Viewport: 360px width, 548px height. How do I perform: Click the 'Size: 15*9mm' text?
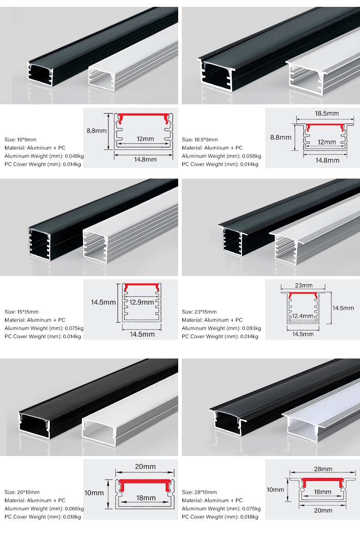pos(21,140)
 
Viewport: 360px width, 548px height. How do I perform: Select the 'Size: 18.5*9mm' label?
pos(200,140)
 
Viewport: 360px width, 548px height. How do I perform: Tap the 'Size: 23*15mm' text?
pos(199,312)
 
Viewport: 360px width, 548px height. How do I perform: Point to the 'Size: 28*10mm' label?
pos(199,492)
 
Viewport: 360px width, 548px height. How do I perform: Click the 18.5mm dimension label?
pos(327,113)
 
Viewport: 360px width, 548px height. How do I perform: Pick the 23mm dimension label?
pos(303,286)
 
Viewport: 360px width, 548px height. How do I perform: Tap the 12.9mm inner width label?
pos(142,302)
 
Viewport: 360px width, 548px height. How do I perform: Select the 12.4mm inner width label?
pos(303,316)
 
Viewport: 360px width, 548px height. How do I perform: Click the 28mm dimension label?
pos(323,469)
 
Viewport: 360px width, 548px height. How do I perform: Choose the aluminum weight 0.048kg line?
pos(44,156)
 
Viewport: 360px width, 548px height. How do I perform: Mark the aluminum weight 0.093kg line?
pos(221,328)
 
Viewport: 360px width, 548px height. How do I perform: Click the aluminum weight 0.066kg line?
pos(44,509)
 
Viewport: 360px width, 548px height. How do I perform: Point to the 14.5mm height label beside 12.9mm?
pos(103,302)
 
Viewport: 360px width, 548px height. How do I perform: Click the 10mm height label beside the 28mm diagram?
pos(275,490)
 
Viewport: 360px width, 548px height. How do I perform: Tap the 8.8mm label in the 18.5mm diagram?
pos(281,138)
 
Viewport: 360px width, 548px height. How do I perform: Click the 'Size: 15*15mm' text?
pos(21,312)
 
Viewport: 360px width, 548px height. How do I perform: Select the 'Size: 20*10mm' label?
pos(22,492)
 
